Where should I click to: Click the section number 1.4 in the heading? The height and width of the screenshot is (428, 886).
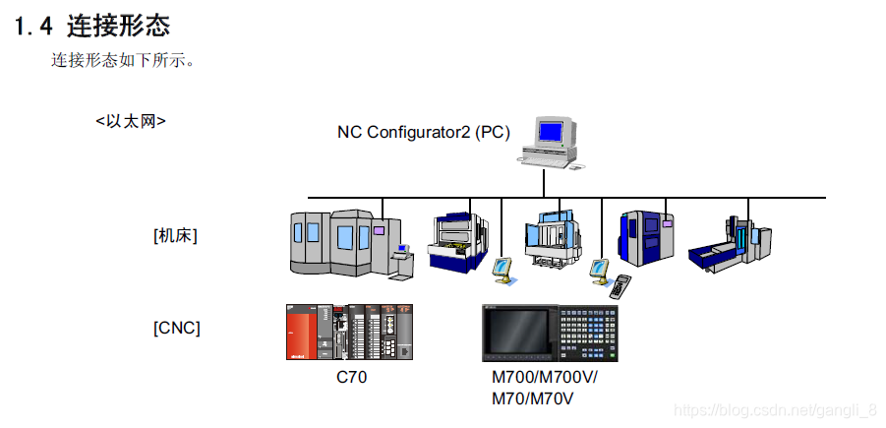[32, 26]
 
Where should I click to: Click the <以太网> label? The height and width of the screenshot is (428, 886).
[131, 121]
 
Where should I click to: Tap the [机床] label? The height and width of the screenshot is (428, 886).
[176, 235]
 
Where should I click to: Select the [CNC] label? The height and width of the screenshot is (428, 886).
[177, 328]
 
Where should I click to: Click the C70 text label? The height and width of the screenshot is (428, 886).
[351, 377]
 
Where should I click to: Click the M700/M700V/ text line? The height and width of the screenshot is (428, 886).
[544, 378]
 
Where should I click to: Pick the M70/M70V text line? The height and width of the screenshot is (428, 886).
[532, 398]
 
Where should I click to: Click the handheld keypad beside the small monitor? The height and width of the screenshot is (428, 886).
[621, 286]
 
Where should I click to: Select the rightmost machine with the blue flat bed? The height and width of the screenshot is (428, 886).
[733, 245]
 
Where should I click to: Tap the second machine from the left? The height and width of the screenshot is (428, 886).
[457, 240]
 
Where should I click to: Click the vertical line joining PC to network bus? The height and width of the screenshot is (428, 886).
[544, 182]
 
